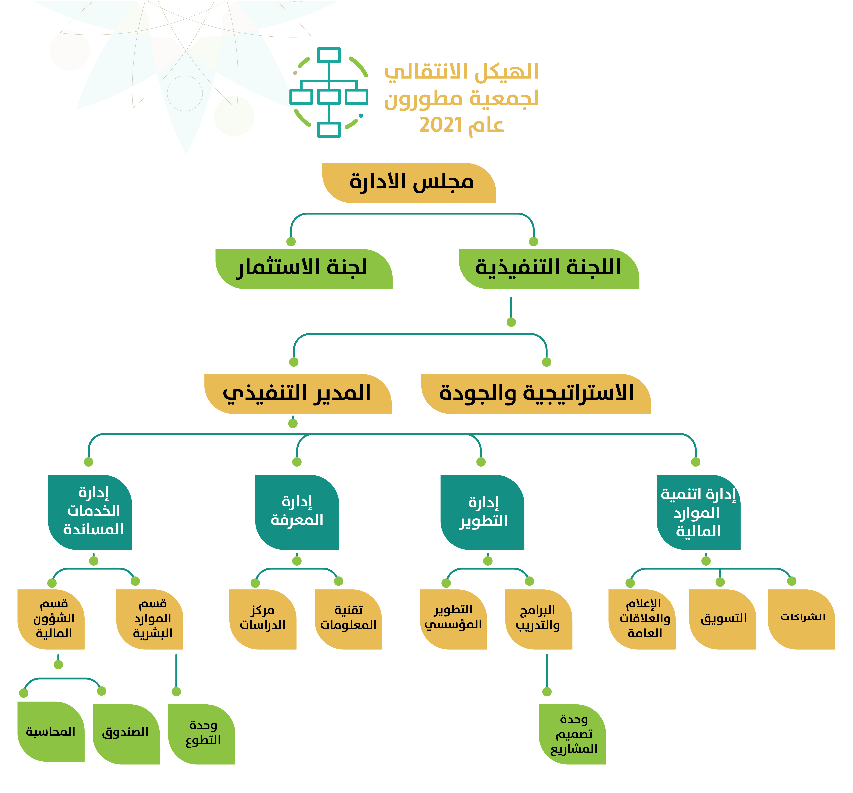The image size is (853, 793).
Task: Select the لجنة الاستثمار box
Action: (304, 269)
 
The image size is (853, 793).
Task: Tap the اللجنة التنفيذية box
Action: (549, 269)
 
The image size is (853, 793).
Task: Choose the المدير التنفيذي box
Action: (298, 394)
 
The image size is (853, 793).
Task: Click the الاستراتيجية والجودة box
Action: (536, 394)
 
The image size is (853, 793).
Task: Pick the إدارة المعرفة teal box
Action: (297, 512)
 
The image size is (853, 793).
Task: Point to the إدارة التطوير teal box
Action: (482, 512)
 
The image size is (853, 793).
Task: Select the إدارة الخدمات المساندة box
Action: (90, 512)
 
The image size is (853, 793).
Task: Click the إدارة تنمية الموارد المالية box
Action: (699, 512)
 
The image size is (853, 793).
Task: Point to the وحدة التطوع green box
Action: (202, 734)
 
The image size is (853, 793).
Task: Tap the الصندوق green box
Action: (126, 734)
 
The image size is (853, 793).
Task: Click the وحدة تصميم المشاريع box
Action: (572, 734)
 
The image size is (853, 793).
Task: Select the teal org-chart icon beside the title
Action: (329, 92)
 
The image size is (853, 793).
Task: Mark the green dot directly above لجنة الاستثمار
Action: (291, 241)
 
